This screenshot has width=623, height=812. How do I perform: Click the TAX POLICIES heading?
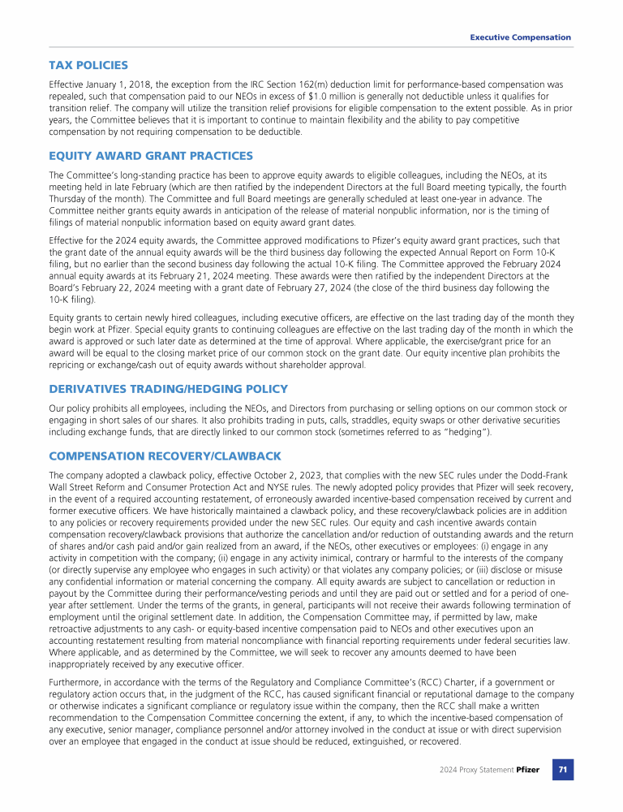click(x=88, y=65)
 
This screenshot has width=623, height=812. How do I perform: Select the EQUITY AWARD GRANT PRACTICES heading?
click(x=151, y=156)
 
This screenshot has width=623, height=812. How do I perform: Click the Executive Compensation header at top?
click(x=521, y=37)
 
